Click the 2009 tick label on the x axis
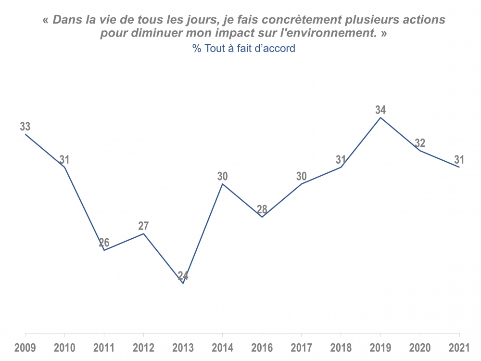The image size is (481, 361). coord(25,348)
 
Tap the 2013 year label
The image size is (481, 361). coord(183,348)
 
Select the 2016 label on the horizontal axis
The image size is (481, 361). coord(262,348)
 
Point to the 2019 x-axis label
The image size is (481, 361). coord(380,348)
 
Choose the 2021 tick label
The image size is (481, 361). coord(459,348)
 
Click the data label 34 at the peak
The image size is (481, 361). coord(380,110)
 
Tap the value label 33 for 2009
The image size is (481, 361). coord(25,127)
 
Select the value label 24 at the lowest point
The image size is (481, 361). coord(183,276)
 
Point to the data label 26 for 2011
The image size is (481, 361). coord(104,243)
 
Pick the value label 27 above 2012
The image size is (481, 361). coord(143,226)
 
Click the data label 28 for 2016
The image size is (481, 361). coord(262,209)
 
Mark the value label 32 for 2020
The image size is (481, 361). coord(420,143)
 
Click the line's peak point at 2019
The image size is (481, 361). coord(380,117)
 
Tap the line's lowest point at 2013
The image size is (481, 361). coord(183,284)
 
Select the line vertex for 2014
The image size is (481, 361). coord(222,184)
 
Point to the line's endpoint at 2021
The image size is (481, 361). coord(459,167)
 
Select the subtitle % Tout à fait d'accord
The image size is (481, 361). coord(244,49)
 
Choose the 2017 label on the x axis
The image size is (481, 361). coord(302,348)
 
